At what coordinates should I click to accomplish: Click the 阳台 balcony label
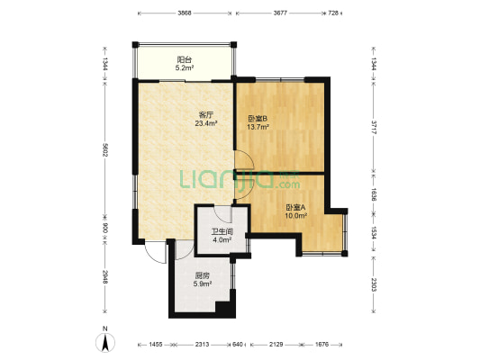coord(185,59)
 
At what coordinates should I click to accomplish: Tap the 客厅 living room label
coord(206,115)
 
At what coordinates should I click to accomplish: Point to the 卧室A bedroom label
coord(295,208)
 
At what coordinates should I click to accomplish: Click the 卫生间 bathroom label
coord(222,232)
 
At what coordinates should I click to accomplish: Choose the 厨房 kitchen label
coord(202,275)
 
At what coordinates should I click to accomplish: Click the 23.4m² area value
coord(206,123)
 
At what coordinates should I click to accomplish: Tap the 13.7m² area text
coord(258,127)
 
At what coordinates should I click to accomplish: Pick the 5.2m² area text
coord(185,67)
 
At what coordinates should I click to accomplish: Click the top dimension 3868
coord(185,13)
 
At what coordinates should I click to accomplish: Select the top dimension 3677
coord(280,13)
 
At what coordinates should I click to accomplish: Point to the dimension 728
coord(333,13)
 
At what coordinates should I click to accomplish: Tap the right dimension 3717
coord(374,127)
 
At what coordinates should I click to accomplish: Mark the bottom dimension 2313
coord(202,345)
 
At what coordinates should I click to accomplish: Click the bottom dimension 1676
coord(322,345)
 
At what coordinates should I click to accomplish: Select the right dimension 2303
coord(374,284)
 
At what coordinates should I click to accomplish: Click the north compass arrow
coord(105,343)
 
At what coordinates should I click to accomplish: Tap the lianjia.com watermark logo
coord(240,179)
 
